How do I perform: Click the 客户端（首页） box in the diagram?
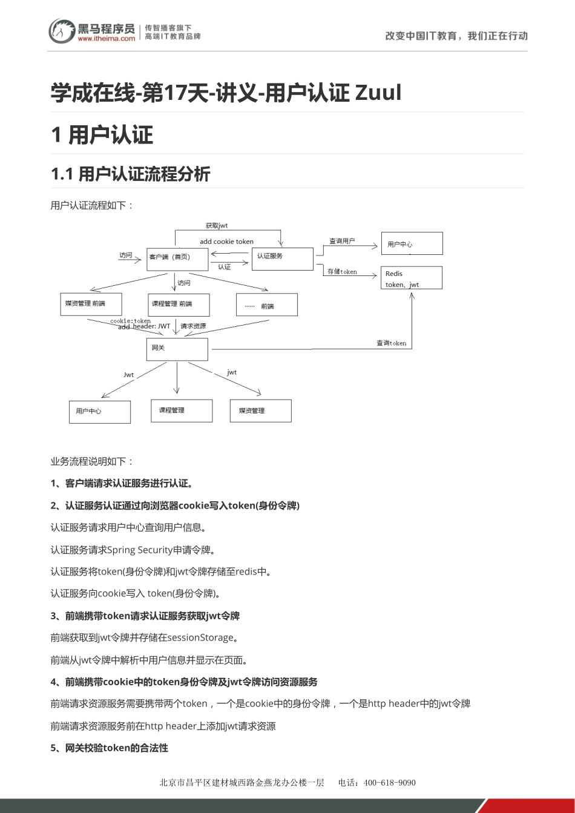pyautogui.click(x=177, y=258)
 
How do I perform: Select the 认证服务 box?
pyautogui.click(x=282, y=258)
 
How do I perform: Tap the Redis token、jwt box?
pyautogui.click(x=411, y=278)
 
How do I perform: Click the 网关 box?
pyautogui.click(x=177, y=349)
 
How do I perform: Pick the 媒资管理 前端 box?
pyautogui.click(x=91, y=304)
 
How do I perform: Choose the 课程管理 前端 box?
pyautogui.click(x=179, y=304)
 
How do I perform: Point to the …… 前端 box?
pyautogui.click(x=266, y=304)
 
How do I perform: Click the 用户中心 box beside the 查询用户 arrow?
pyautogui.click(x=412, y=243)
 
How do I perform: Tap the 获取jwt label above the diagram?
pyautogui.click(x=217, y=226)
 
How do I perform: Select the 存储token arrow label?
pyautogui.click(x=342, y=272)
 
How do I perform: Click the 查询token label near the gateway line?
pyautogui.click(x=391, y=343)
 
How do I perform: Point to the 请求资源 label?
pyautogui.click(x=193, y=326)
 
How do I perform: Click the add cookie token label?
pyautogui.click(x=226, y=242)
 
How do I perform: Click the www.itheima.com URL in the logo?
pyautogui.click(x=107, y=38)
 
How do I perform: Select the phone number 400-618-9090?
pyautogui.click(x=389, y=783)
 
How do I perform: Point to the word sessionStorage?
pyautogui.click(x=200, y=637)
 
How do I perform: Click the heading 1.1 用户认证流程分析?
pyautogui.click(x=131, y=174)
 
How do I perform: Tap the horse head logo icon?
pyautogui.click(x=61, y=30)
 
